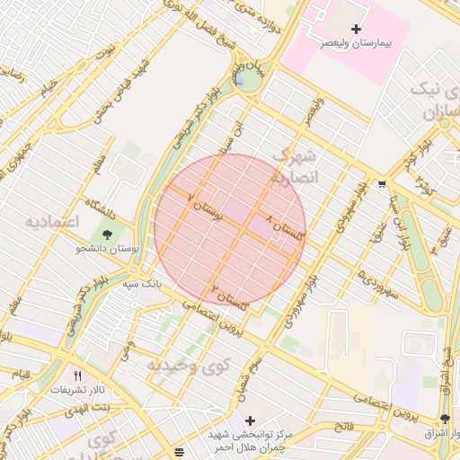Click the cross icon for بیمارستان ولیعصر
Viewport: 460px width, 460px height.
coord(357,30)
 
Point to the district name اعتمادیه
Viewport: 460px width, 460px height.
coord(52,221)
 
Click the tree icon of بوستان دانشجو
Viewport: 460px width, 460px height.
coord(109,235)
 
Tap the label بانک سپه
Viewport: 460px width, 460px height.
coord(143,282)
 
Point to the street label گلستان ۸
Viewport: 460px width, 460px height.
coord(287,227)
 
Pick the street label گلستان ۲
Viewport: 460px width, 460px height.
coord(229,297)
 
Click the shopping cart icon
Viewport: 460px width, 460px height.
coord(382,184)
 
